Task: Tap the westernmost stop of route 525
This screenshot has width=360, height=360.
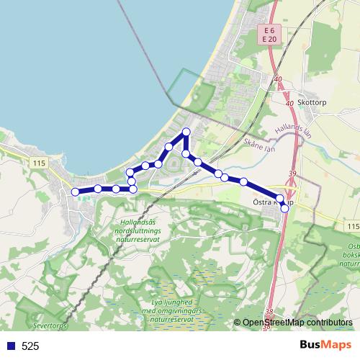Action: point(74,192)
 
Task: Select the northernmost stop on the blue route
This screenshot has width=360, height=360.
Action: point(186,131)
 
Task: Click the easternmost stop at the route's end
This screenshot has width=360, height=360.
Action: point(284,208)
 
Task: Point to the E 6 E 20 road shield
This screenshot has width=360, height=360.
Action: point(269,35)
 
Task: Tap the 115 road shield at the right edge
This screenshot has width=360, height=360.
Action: point(351,227)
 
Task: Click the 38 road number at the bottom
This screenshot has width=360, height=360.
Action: point(269,312)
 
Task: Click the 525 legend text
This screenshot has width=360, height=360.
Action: point(30,346)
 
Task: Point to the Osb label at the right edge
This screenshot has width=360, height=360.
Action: point(352,248)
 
